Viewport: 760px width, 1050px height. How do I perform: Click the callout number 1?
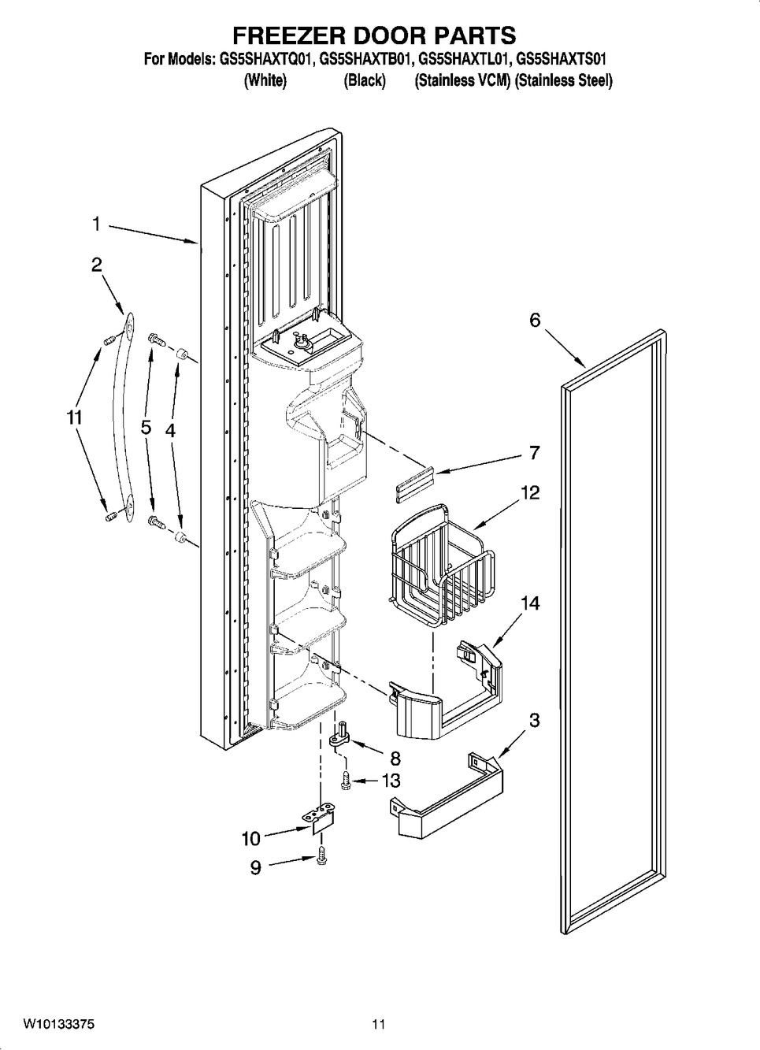coord(95,224)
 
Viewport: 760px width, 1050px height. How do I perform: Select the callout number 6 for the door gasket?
coord(535,320)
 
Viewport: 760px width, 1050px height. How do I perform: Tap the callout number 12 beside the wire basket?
coord(530,493)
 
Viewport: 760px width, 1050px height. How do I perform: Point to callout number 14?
coord(530,603)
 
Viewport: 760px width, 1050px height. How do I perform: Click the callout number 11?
coord(74,419)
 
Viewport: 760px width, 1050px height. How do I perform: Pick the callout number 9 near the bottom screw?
coord(256,867)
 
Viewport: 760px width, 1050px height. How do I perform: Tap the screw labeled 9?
coord(321,858)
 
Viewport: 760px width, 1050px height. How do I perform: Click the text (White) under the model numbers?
coord(265,80)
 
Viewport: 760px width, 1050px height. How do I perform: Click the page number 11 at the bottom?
coord(379,1025)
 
